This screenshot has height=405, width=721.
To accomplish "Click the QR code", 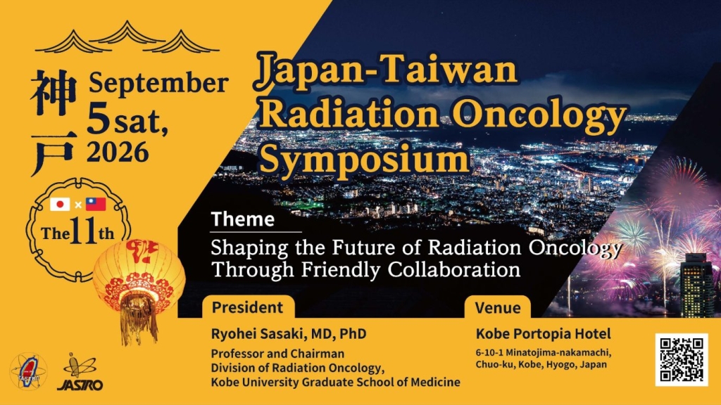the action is (682, 360).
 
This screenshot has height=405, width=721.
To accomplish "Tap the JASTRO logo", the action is (80, 373).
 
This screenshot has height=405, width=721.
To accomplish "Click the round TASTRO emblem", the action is (28, 372).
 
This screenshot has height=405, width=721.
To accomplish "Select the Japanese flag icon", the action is (60, 205).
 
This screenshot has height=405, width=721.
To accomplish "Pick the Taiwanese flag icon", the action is (96, 205).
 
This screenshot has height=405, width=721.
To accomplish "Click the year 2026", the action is (118, 152).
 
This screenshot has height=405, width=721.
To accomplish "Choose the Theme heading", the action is (243, 219).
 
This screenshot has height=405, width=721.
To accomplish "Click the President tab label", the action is (247, 307).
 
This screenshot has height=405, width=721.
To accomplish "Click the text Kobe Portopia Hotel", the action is (544, 334).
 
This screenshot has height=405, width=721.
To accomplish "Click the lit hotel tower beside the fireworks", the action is (696, 284).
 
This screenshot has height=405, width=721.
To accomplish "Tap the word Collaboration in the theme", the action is (454, 269).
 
